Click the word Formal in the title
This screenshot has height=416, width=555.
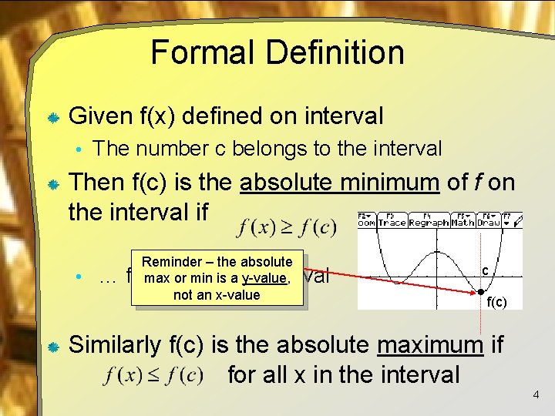(x=197, y=52)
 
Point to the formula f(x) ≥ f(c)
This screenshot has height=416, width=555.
(x=288, y=227)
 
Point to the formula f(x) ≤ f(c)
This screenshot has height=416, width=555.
(x=154, y=376)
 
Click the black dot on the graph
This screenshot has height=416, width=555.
(x=479, y=293)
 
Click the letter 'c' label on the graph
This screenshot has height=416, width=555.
(x=485, y=270)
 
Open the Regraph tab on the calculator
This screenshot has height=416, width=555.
(x=429, y=222)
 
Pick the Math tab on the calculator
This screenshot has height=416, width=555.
(x=462, y=222)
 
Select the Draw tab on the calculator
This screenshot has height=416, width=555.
(x=489, y=222)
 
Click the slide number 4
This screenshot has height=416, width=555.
(x=536, y=395)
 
